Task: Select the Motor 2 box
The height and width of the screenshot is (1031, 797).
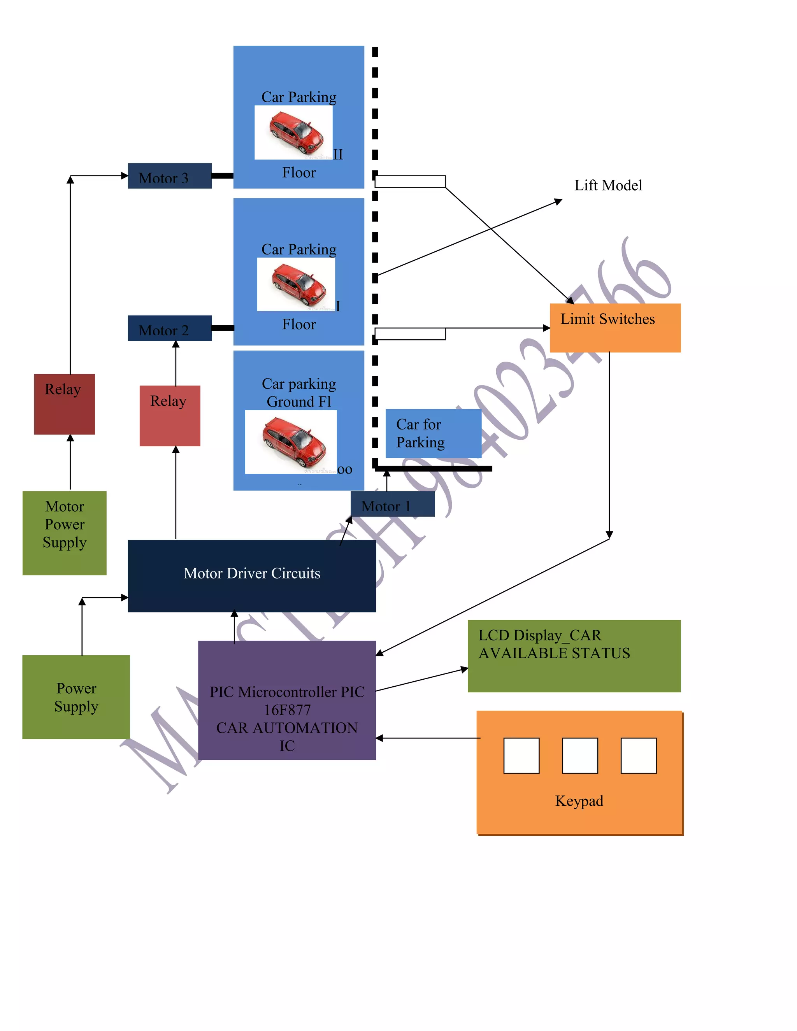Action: coord(170,328)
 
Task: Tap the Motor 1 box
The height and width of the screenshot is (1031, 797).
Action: coord(392,504)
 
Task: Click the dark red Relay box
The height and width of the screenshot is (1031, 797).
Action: coord(64,404)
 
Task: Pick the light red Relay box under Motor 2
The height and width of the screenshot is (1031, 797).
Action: coord(170,416)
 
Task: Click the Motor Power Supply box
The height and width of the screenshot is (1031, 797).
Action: coord(64,533)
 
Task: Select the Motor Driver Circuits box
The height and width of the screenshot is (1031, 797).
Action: coord(252,576)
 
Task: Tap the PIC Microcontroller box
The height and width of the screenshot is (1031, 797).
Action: coord(286,700)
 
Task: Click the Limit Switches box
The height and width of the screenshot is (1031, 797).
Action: coord(615,328)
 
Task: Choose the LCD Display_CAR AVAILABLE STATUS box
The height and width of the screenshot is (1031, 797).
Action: coord(574,656)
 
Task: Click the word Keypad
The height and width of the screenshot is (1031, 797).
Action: coord(579,801)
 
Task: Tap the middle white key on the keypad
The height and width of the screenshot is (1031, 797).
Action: coord(580,755)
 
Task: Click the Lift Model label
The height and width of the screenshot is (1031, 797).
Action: coord(607,185)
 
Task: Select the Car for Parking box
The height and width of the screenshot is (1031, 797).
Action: coord(433,433)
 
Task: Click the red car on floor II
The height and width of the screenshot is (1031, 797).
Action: coord(296,133)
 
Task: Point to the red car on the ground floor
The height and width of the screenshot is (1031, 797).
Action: coord(293,442)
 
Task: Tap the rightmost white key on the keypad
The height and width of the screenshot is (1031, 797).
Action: coord(638,755)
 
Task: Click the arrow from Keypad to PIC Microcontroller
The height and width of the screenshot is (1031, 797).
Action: coord(427,738)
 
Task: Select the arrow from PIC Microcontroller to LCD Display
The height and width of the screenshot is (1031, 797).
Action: coord(421,680)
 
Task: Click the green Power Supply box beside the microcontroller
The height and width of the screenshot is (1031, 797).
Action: coord(75,697)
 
